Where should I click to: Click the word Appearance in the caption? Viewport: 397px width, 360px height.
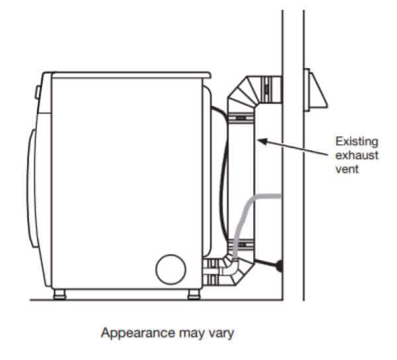130,334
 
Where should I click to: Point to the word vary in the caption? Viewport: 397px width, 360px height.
222,334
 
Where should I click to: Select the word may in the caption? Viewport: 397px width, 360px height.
187,334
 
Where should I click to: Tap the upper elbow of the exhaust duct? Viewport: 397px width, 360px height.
248,93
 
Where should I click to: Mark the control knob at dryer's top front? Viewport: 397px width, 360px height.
37,83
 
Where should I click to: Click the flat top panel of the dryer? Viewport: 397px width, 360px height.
126,74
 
